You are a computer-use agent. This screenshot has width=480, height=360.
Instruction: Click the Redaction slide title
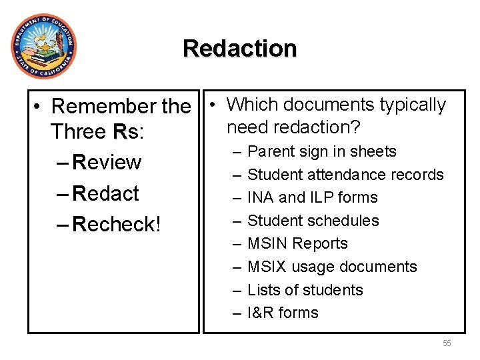tap(239, 49)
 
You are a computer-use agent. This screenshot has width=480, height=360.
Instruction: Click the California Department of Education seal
tap(43, 46)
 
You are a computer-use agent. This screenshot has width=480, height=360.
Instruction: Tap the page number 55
tap(447, 343)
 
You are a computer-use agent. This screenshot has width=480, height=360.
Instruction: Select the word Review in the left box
tap(107, 163)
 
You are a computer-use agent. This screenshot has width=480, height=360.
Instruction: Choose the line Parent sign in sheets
tap(321, 152)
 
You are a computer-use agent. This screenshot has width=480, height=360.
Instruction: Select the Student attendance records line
tap(345, 175)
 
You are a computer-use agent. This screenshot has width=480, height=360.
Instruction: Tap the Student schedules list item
tap(313, 221)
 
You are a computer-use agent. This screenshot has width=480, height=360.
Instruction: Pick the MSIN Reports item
tap(297, 244)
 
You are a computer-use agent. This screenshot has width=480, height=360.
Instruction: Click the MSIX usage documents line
tap(331, 267)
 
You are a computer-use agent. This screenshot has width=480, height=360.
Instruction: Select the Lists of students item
tap(305, 290)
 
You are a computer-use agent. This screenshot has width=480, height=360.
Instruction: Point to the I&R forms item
tap(283, 313)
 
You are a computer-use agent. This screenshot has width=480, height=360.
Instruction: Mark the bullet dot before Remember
tap(41, 107)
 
